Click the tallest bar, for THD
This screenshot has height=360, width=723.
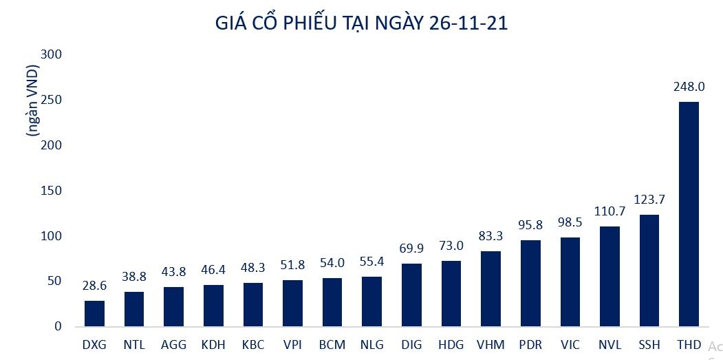[689, 214]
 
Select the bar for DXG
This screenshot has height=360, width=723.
[94, 313]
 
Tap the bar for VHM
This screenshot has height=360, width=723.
[490, 288]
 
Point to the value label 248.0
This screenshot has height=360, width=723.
[689, 87]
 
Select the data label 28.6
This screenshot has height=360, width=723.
[94, 286]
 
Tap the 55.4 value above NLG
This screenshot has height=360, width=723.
[371, 262]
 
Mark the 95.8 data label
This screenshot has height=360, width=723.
[530, 225]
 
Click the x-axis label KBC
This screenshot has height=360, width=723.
[252, 344]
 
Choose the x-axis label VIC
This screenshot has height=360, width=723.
[570, 344]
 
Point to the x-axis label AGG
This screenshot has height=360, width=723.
[173, 344]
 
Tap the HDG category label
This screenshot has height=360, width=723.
[451, 344]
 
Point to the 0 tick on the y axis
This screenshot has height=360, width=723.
[58, 326]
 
